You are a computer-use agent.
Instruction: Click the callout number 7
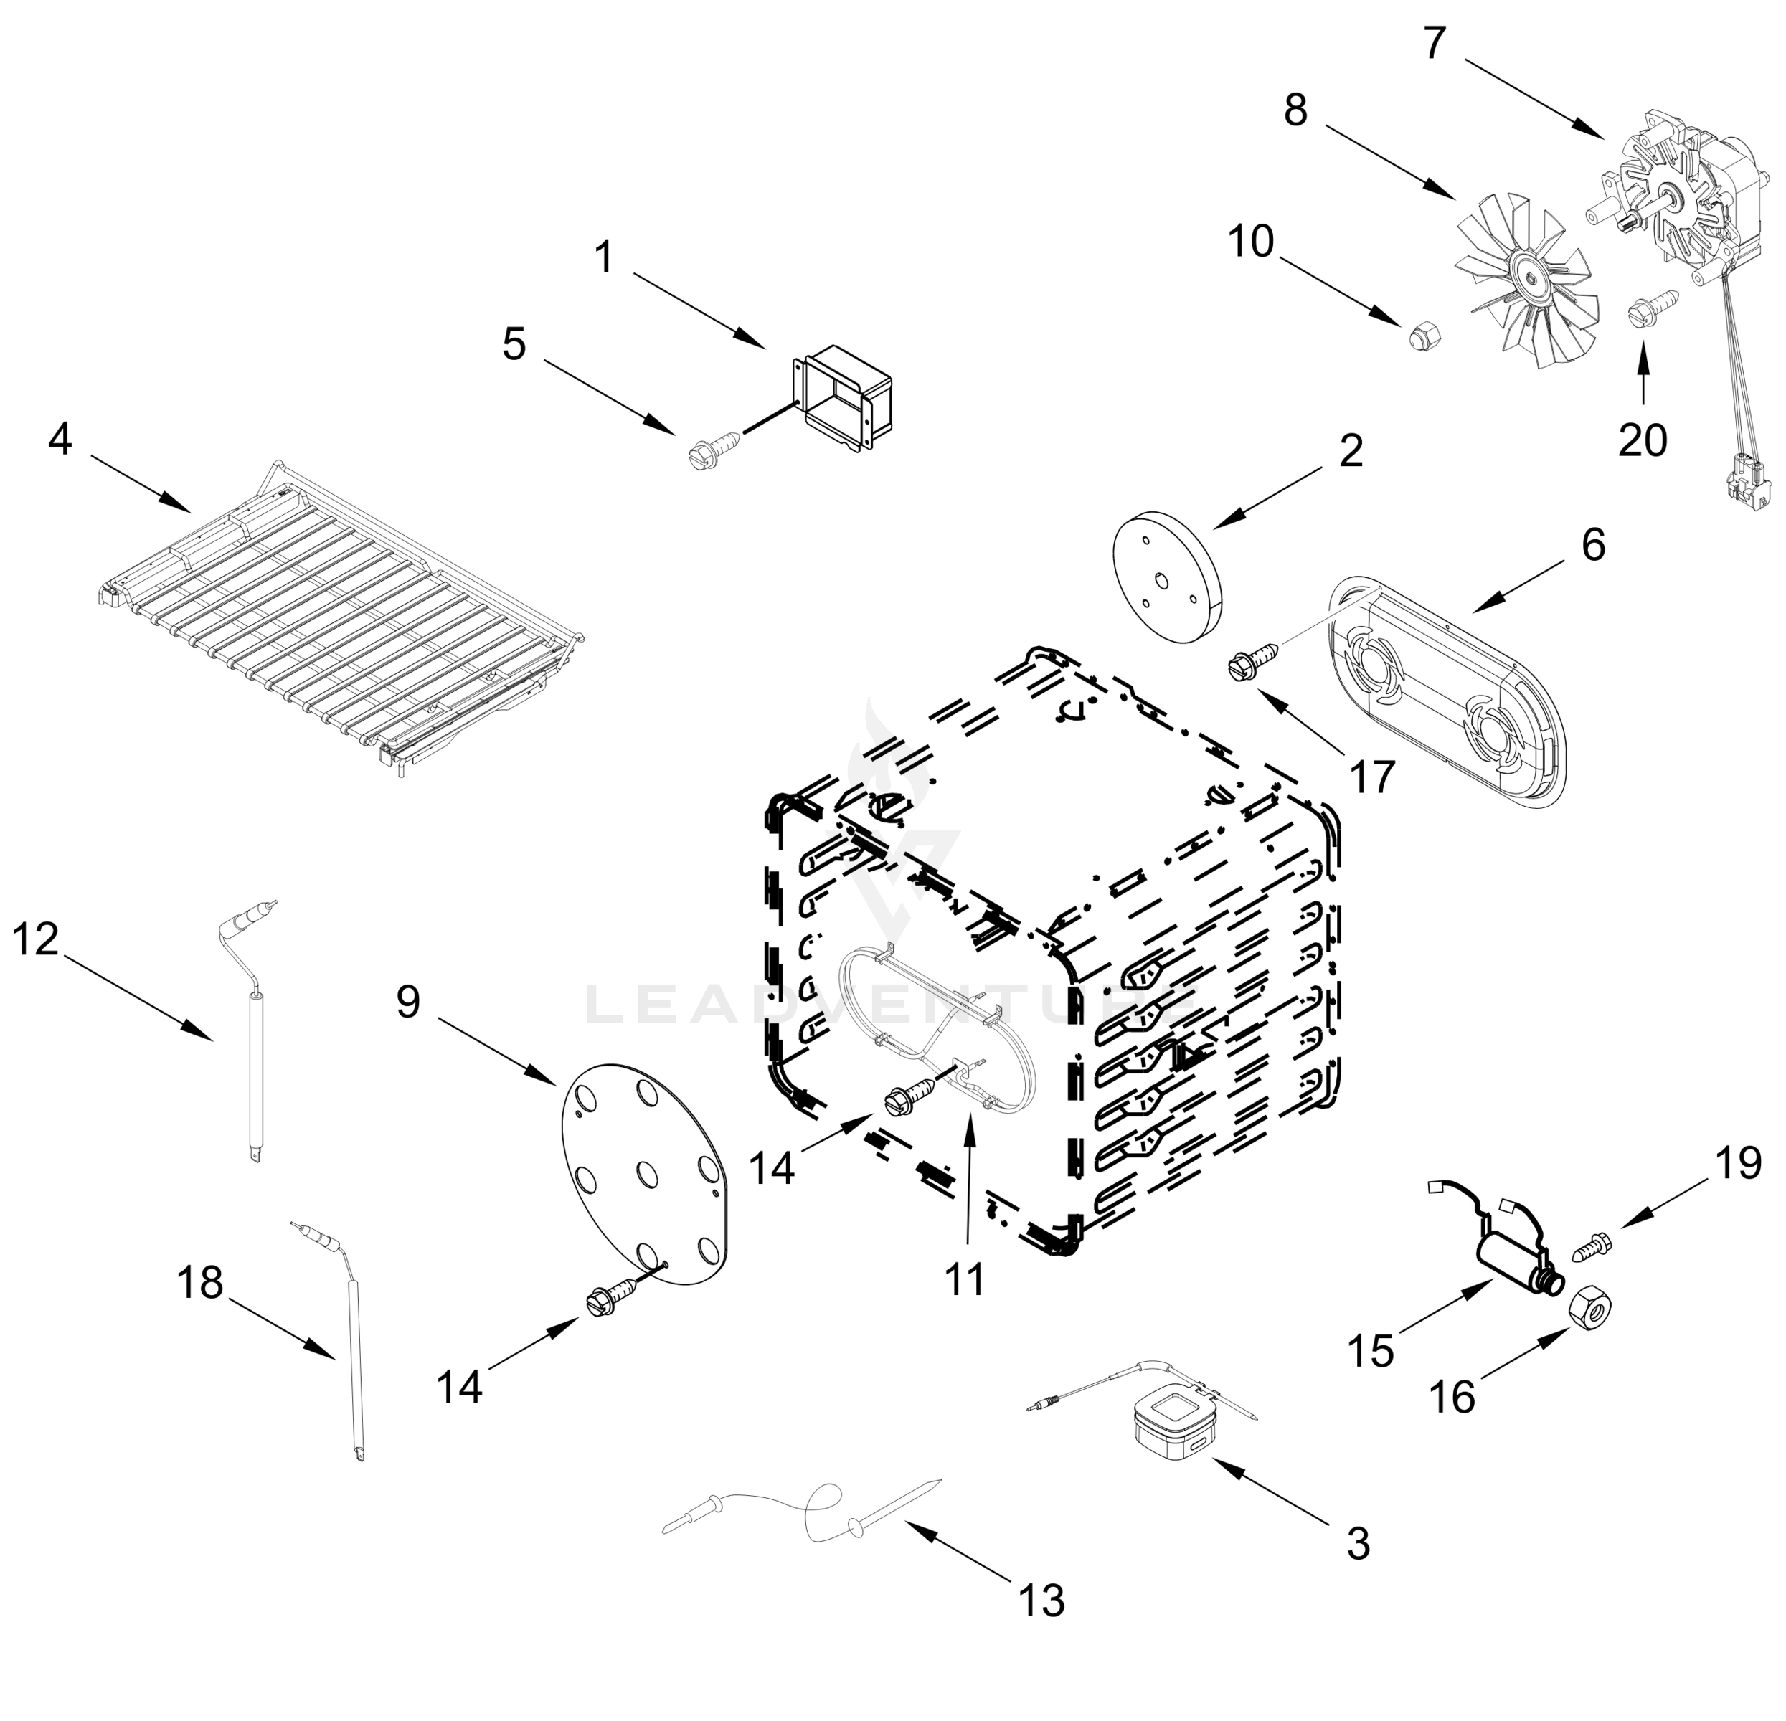1435,43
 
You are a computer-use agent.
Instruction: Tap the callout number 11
964,1281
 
